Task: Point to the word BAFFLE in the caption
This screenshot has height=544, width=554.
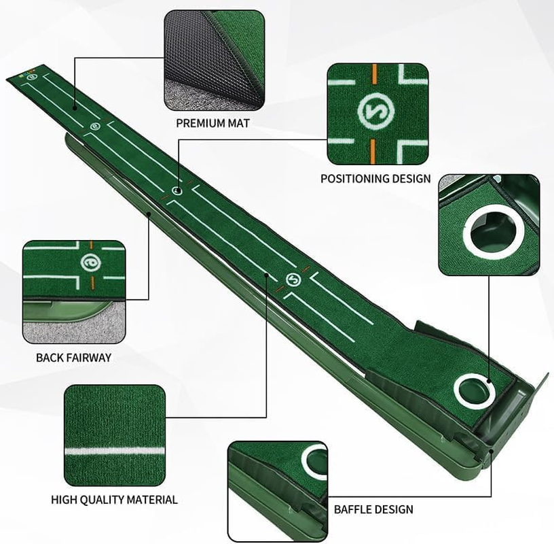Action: pyautogui.click(x=354, y=509)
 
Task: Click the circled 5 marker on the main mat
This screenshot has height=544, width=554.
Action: pyautogui.click(x=293, y=279)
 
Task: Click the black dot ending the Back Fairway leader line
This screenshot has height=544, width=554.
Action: pyautogui.click(x=149, y=214)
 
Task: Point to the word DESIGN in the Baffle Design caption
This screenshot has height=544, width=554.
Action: pyautogui.click(x=399, y=509)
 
